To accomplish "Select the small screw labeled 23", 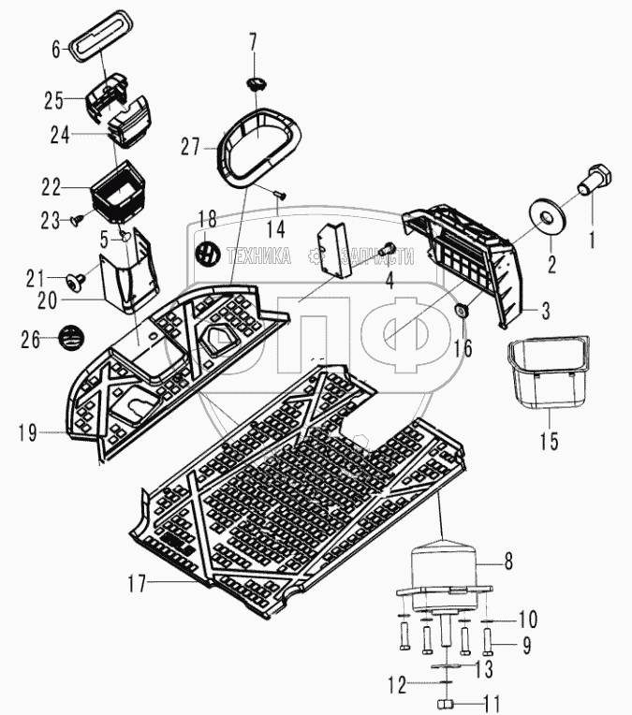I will point(80,221).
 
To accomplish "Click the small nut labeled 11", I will point(446,704).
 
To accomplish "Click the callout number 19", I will point(29,431).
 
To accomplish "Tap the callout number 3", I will point(544,308).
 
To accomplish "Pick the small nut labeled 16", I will point(462,310).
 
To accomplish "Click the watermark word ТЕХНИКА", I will point(259,255).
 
